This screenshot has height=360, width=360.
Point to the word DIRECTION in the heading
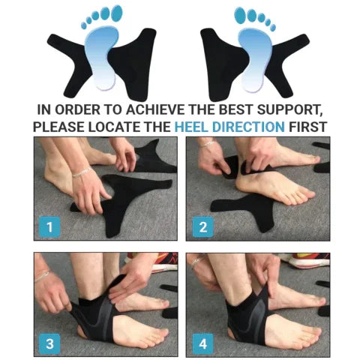(x=247, y=126)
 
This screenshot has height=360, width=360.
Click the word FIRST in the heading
(x=307, y=126)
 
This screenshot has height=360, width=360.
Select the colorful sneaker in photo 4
(x=307, y=260)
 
